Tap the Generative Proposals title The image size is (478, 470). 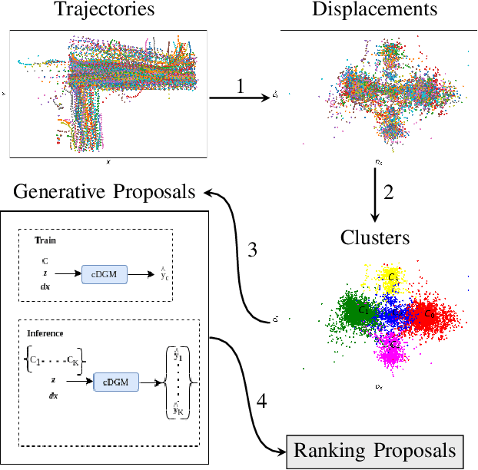pyautogui.click(x=105, y=191)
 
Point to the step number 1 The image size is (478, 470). pyautogui.click(x=240, y=86)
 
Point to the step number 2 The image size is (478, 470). pyautogui.click(x=388, y=193)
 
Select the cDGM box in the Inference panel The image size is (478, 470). pyautogui.click(x=116, y=382)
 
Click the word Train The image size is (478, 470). pyautogui.click(x=45, y=240)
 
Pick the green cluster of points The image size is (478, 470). pyautogui.click(x=354, y=311)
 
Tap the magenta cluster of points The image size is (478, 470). pyautogui.click(x=393, y=349)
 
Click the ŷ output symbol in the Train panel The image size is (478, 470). pyautogui.click(x=164, y=273)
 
